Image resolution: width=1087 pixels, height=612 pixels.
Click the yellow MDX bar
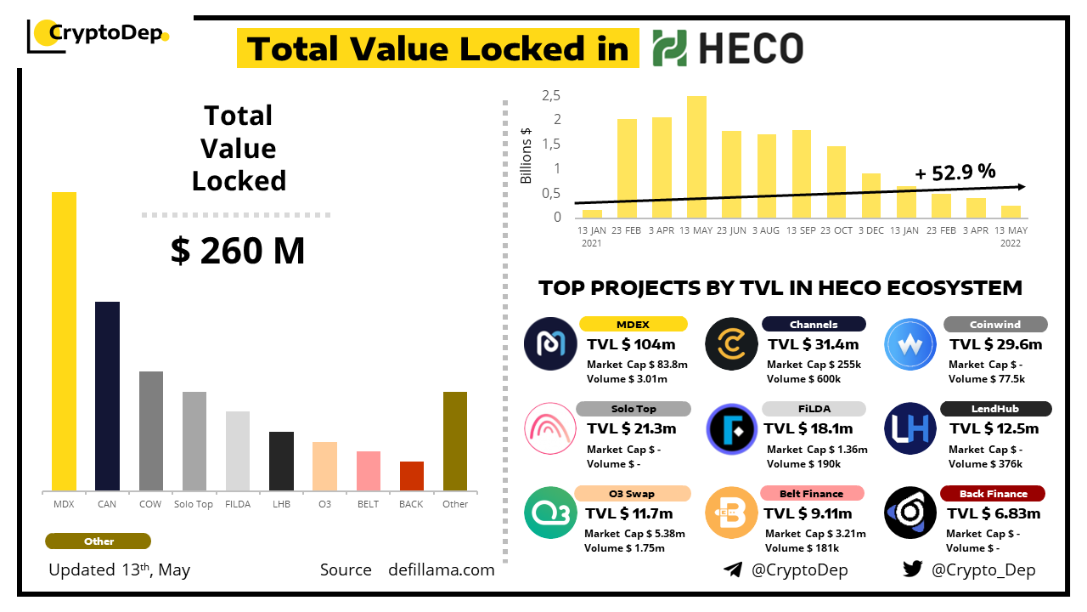pos(64,340)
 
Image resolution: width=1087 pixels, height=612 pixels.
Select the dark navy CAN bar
pos(107,395)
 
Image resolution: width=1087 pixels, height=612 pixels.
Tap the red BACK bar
pos(411,475)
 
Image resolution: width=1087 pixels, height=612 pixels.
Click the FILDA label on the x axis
pos(238,504)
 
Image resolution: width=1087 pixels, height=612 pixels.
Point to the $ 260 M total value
pos(238,252)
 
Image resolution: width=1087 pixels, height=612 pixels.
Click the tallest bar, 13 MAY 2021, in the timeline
pos(696,157)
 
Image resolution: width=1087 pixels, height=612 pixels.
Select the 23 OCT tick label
pos(836,230)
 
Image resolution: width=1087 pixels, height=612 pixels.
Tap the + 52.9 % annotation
pos(955,172)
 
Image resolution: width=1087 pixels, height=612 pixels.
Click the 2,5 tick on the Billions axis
pos(552,95)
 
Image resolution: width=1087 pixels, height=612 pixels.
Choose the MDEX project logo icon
pos(550,343)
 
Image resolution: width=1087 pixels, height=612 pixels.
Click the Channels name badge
pos(814,324)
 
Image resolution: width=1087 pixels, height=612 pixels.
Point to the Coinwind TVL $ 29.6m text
pos(995,344)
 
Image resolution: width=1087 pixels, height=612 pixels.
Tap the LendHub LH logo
pos(910,428)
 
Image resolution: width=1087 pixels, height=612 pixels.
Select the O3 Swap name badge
pos(632,494)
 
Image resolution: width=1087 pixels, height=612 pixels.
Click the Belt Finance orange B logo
pos(731,513)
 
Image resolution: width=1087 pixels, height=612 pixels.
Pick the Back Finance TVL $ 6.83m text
pos(994,513)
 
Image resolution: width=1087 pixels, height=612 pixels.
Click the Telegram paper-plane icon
pos(733,569)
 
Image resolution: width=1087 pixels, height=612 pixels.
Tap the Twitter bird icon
pos(912,569)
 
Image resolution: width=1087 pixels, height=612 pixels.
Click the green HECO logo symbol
pos(670,48)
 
